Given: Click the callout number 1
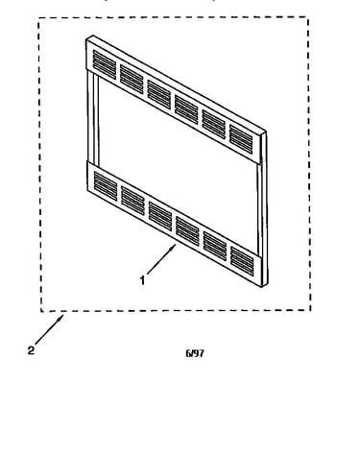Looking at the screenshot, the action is (x=142, y=280).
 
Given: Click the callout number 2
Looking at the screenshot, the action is (x=31, y=350).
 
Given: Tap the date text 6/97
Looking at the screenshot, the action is (x=195, y=353).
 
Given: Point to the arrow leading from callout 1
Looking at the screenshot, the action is (x=161, y=259).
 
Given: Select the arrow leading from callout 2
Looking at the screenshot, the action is (x=50, y=329).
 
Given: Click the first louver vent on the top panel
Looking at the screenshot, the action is (x=105, y=64).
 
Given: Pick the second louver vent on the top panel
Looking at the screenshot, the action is (x=132, y=80).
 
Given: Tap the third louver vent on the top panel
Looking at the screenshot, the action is (x=159, y=94).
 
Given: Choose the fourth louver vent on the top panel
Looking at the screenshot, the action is (x=186, y=109).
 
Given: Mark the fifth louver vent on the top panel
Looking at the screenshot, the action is (x=214, y=125).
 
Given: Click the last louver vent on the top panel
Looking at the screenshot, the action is (x=241, y=139).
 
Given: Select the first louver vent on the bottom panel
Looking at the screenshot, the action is (x=106, y=186).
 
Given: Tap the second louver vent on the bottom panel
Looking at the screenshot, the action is (x=132, y=201).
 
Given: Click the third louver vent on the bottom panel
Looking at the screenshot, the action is (x=160, y=216).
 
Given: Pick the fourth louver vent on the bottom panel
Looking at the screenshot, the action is (x=187, y=231).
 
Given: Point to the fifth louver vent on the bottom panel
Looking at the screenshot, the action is (x=215, y=246).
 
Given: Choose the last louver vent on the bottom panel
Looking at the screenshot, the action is (x=242, y=261).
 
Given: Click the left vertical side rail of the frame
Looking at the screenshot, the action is (x=93, y=118).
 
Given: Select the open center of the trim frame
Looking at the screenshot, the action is (x=178, y=163).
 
